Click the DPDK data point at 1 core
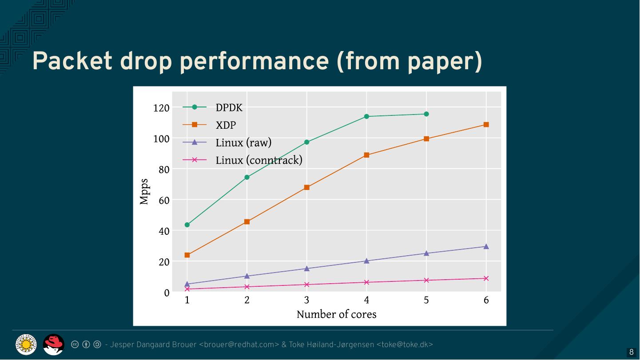[187, 225]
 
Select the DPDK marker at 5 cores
[426, 114]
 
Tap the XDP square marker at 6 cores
[486, 125]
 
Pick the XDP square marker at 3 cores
[307, 187]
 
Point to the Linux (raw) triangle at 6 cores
[486, 246]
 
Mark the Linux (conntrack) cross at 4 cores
[366, 282]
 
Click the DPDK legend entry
[229, 107]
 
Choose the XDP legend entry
[226, 125]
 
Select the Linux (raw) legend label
[243, 142]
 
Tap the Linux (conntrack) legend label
[259, 160]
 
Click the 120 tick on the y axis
[161, 108]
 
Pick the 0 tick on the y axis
[167, 293]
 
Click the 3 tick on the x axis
[307, 300]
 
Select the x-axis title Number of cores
[336, 314]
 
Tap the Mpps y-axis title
[144, 192]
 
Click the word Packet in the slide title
[72, 61]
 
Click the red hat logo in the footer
[54, 344]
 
